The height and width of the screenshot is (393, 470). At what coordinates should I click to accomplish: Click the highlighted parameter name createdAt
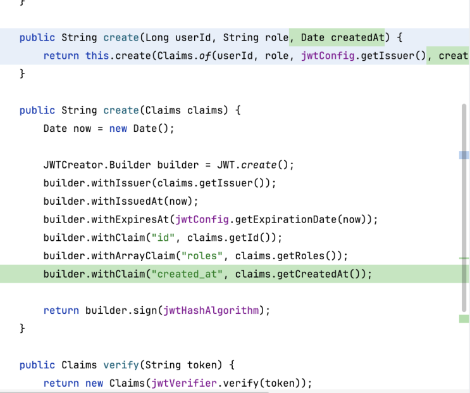357,37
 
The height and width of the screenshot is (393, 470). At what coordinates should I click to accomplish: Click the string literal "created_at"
187,274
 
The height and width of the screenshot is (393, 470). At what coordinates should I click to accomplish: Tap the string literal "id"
163,238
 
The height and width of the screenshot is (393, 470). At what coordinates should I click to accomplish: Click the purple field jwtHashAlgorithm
211,311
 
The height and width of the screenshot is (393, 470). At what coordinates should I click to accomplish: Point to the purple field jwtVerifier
184,383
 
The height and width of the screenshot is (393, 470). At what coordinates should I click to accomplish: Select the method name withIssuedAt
127,202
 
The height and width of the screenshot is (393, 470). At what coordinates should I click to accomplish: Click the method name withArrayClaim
133,256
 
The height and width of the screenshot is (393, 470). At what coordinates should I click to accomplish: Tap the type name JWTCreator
73,165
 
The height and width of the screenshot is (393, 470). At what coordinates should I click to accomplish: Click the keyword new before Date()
118,129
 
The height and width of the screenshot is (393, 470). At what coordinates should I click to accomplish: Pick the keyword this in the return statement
97,56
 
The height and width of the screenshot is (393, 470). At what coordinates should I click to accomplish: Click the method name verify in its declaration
121,365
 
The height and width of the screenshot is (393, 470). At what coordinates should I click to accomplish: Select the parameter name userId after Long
193,37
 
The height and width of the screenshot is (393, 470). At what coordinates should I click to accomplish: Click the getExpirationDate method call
286,219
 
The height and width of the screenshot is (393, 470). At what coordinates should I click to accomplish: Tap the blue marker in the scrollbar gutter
464,155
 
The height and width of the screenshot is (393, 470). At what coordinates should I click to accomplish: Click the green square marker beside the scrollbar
464,319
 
